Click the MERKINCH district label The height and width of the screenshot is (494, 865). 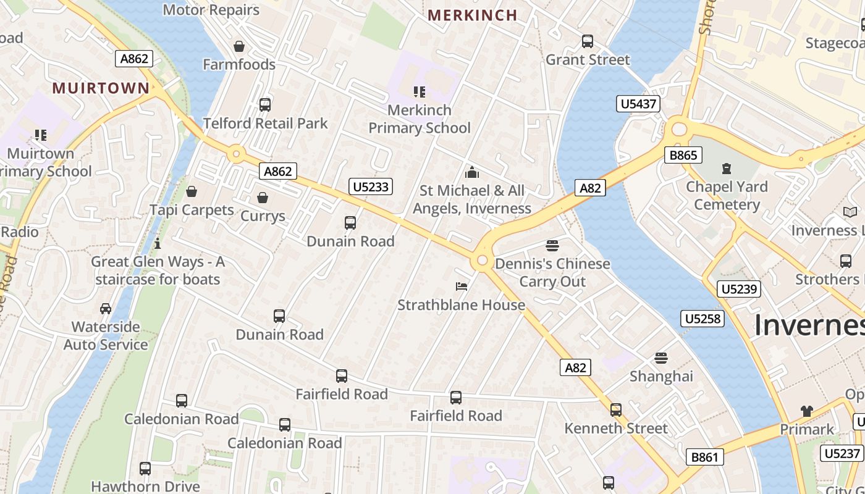click(x=472, y=15)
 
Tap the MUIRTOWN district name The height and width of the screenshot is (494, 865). click(x=101, y=88)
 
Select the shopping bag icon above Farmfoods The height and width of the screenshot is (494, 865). click(x=239, y=46)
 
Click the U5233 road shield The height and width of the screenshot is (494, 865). click(x=371, y=186)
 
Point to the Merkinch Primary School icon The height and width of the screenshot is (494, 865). click(x=420, y=92)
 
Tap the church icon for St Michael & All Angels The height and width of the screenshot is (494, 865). click(x=472, y=172)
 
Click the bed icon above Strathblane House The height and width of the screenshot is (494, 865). click(x=462, y=286)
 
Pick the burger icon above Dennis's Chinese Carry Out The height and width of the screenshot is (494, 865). click(x=552, y=245)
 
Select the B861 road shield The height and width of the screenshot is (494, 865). click(x=704, y=457)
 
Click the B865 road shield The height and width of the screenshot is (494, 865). click(x=683, y=155)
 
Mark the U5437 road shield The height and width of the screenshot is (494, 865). click(x=638, y=104)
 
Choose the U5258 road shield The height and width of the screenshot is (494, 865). click(x=703, y=319)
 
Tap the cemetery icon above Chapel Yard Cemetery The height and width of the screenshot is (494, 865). click(x=727, y=168)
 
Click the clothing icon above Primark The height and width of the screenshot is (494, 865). click(x=806, y=411)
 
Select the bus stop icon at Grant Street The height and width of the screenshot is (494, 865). click(x=588, y=41)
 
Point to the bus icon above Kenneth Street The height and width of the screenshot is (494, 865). click(x=616, y=409)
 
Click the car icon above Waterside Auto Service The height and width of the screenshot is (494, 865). click(x=106, y=308)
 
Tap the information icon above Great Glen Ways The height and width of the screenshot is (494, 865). click(x=158, y=243)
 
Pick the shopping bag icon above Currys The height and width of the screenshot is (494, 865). click(x=263, y=198)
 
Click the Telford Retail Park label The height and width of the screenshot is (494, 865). click(x=265, y=123)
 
